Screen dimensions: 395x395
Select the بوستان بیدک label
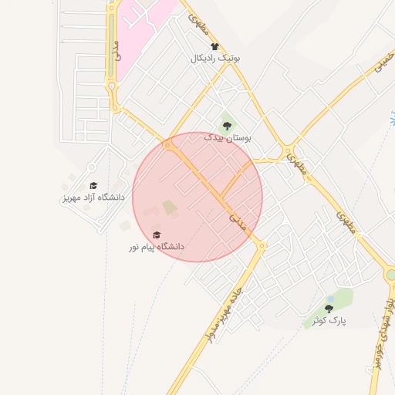click(228, 137)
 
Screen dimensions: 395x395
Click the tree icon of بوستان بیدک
click(226, 125)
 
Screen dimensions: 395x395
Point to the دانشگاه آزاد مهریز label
click(93, 197)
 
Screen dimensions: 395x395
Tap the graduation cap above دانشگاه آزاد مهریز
click(93, 186)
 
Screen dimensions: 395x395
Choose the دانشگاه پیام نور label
click(157, 247)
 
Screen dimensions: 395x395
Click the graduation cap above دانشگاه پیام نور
click(157, 235)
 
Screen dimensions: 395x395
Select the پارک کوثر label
click(329, 319)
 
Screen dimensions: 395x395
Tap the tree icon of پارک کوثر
click(329, 308)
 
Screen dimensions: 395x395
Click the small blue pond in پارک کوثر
click(330, 298)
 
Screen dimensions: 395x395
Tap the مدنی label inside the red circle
click(238, 222)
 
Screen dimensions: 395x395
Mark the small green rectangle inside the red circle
click(169, 207)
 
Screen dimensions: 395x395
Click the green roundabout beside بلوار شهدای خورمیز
click(391, 274)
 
